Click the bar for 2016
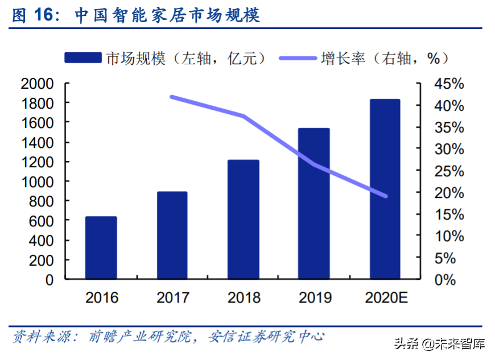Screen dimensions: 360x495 [101, 248]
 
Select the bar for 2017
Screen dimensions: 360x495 [172, 235]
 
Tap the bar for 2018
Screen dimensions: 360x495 [244, 220]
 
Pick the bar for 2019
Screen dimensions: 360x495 [314, 204]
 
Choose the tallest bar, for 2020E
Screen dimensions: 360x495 [385, 189]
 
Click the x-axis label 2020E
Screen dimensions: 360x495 [385, 297]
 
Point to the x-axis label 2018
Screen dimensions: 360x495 [244, 297]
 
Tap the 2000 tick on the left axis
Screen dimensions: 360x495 [38, 84]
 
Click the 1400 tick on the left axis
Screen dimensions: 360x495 [38, 143]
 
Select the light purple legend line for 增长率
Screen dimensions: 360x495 [299, 58]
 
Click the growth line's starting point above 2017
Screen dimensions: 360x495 [172, 97]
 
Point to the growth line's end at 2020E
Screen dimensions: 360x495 [385, 196]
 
